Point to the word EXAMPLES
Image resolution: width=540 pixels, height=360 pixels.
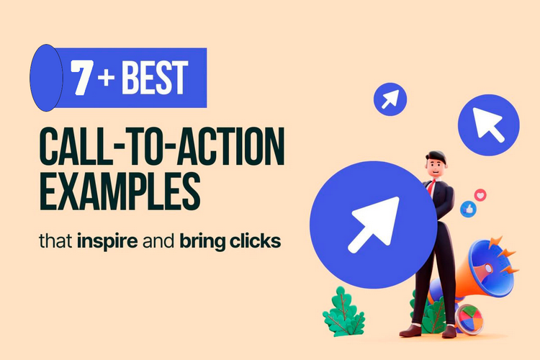[x=120, y=190]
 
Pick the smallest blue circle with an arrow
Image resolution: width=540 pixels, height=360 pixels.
[x=390, y=99]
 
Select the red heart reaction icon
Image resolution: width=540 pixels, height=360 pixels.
[x=481, y=194]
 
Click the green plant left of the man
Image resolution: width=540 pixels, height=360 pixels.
[x=343, y=311]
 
